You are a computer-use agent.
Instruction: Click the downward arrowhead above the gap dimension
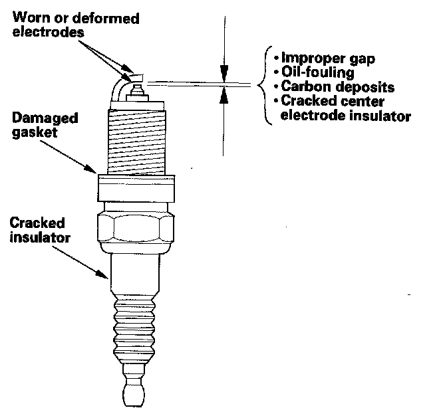click(224, 73)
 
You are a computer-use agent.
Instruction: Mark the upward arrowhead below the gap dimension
click(224, 97)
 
